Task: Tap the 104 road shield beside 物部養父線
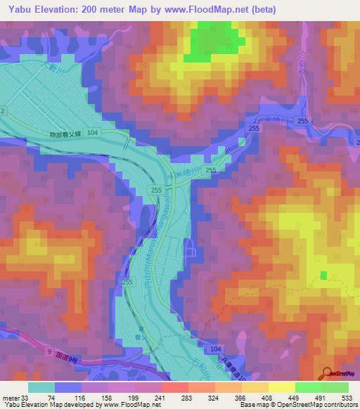pyautogui.click(x=93, y=132)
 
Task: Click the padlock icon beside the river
pyautogui.click(x=189, y=248)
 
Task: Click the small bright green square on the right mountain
pyautogui.click(x=323, y=275)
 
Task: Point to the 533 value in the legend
pyautogui.click(x=346, y=397)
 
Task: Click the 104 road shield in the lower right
pyautogui.click(x=214, y=349)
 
